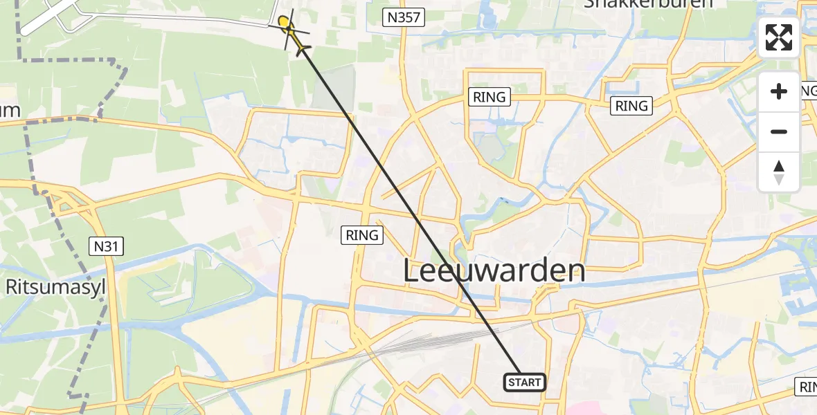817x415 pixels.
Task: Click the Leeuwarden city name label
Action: tap(494, 271)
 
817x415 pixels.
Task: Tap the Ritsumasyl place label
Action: tap(55, 287)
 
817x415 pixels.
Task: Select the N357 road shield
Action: tap(404, 17)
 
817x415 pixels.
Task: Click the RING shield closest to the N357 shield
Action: tap(490, 97)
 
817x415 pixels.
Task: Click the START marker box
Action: tap(525, 382)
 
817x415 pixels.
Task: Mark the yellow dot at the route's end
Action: tap(283, 22)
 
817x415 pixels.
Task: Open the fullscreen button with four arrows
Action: tap(779, 37)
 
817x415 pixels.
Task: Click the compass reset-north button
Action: tap(779, 172)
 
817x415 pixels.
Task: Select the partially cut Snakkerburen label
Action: tap(648, 4)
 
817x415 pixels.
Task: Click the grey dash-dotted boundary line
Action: tap(104, 104)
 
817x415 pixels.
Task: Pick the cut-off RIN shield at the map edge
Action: tap(807, 387)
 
